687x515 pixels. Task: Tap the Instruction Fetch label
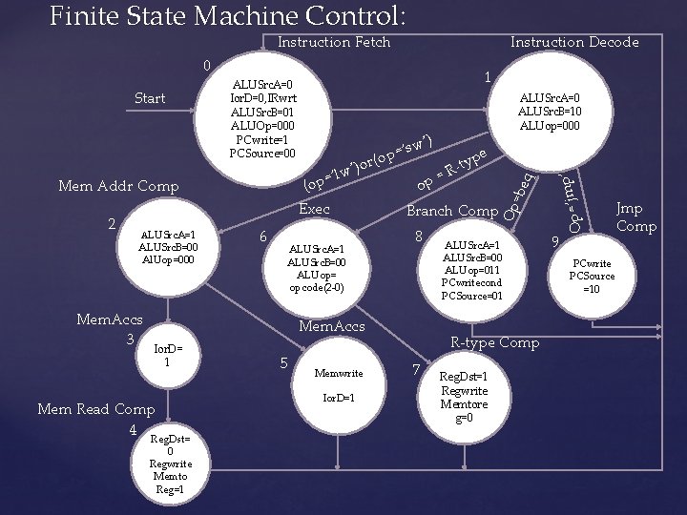click(333, 42)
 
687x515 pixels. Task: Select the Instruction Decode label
click(574, 42)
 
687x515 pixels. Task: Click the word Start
click(150, 98)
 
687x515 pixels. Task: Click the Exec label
click(314, 209)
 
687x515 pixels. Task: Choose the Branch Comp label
click(452, 211)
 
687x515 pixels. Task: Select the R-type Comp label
click(494, 342)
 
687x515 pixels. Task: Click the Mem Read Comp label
click(94, 409)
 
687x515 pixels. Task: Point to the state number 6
click(264, 237)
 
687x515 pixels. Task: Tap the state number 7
click(416, 369)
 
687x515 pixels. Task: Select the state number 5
click(283, 361)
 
